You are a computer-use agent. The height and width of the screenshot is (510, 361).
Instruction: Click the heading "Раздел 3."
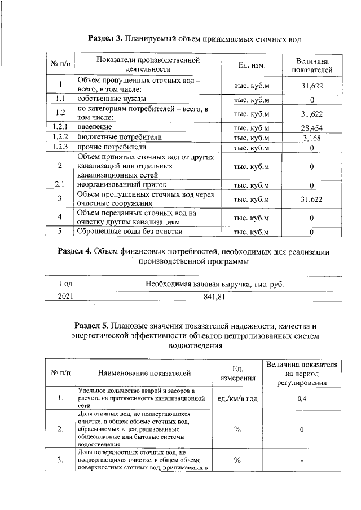107,39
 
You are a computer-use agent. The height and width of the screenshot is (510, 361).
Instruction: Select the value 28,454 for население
311,128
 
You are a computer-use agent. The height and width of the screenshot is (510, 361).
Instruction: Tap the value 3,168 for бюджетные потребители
311,138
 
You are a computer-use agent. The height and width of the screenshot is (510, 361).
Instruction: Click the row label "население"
94,128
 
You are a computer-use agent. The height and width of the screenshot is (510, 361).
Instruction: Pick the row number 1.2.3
60,147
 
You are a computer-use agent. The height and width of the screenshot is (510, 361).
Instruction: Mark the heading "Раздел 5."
93,326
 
